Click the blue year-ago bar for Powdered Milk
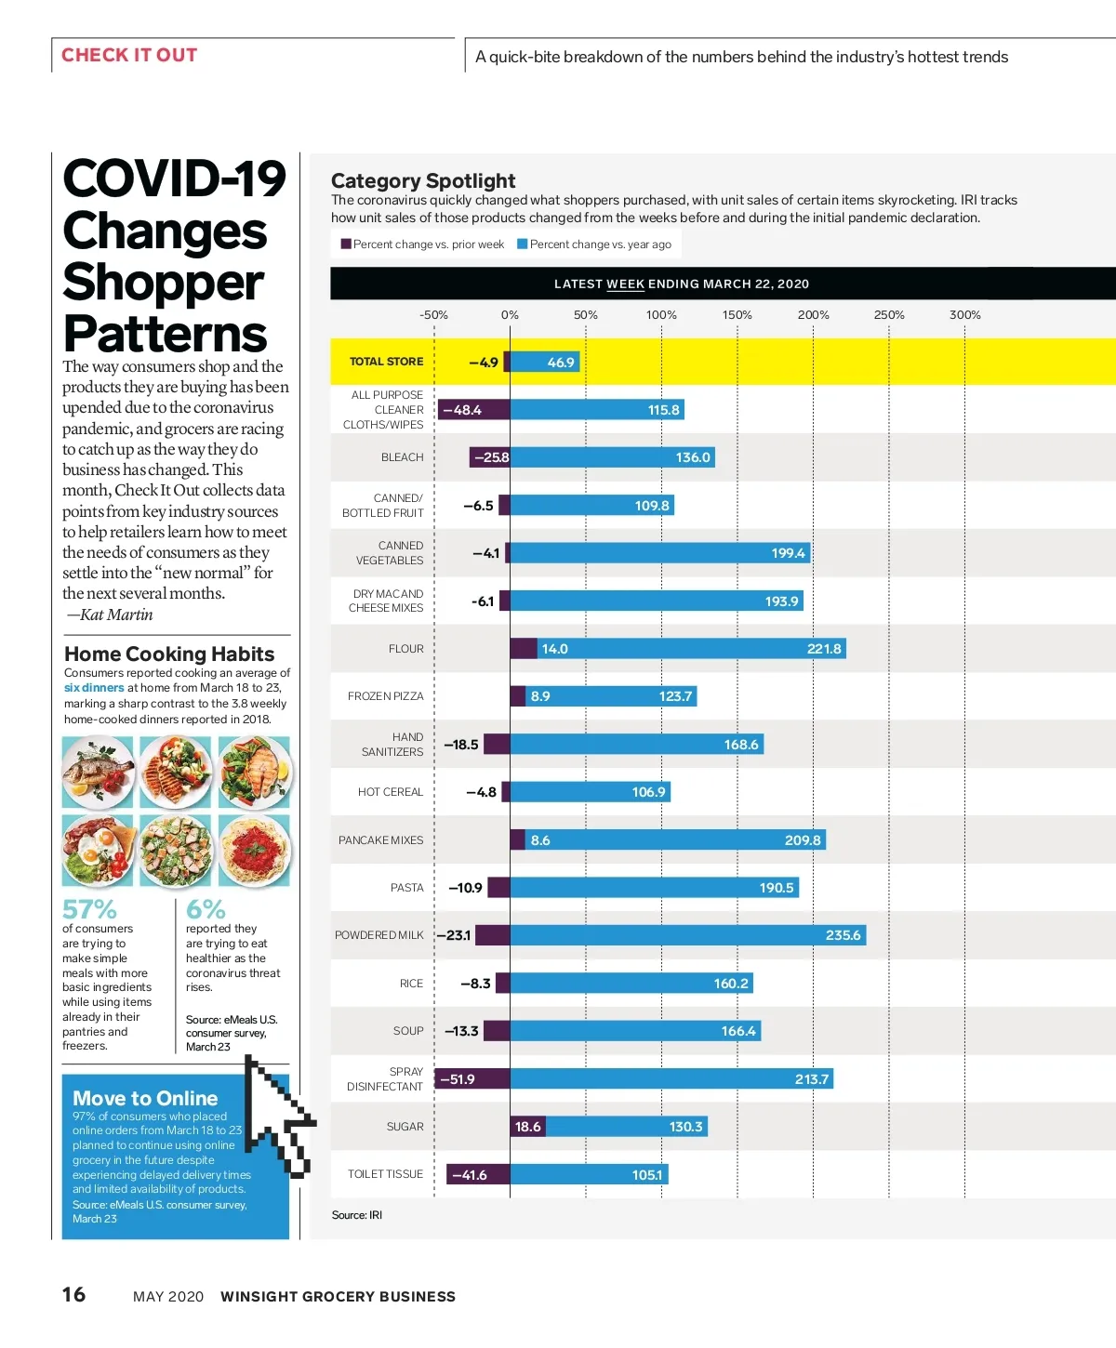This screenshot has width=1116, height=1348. [687, 935]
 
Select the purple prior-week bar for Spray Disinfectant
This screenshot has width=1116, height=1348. [472, 1078]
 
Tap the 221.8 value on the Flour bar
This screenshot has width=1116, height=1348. [823, 649]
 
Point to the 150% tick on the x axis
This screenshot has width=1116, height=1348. [737, 315]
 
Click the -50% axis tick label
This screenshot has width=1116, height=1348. [433, 315]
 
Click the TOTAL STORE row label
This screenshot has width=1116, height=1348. [386, 362]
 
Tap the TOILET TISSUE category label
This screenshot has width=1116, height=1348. [385, 1174]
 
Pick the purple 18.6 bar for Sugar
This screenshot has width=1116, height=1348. [527, 1127]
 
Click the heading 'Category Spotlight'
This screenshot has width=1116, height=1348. [423, 180]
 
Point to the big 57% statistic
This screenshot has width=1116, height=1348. [89, 908]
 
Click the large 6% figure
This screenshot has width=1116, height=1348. [206, 908]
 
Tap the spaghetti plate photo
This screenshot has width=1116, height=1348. [255, 851]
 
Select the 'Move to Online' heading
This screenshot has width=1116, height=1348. [145, 1098]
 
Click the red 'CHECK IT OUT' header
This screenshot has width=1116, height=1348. [129, 55]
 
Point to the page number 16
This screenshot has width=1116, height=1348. [73, 1294]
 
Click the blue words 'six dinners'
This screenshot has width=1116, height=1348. [94, 688]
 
